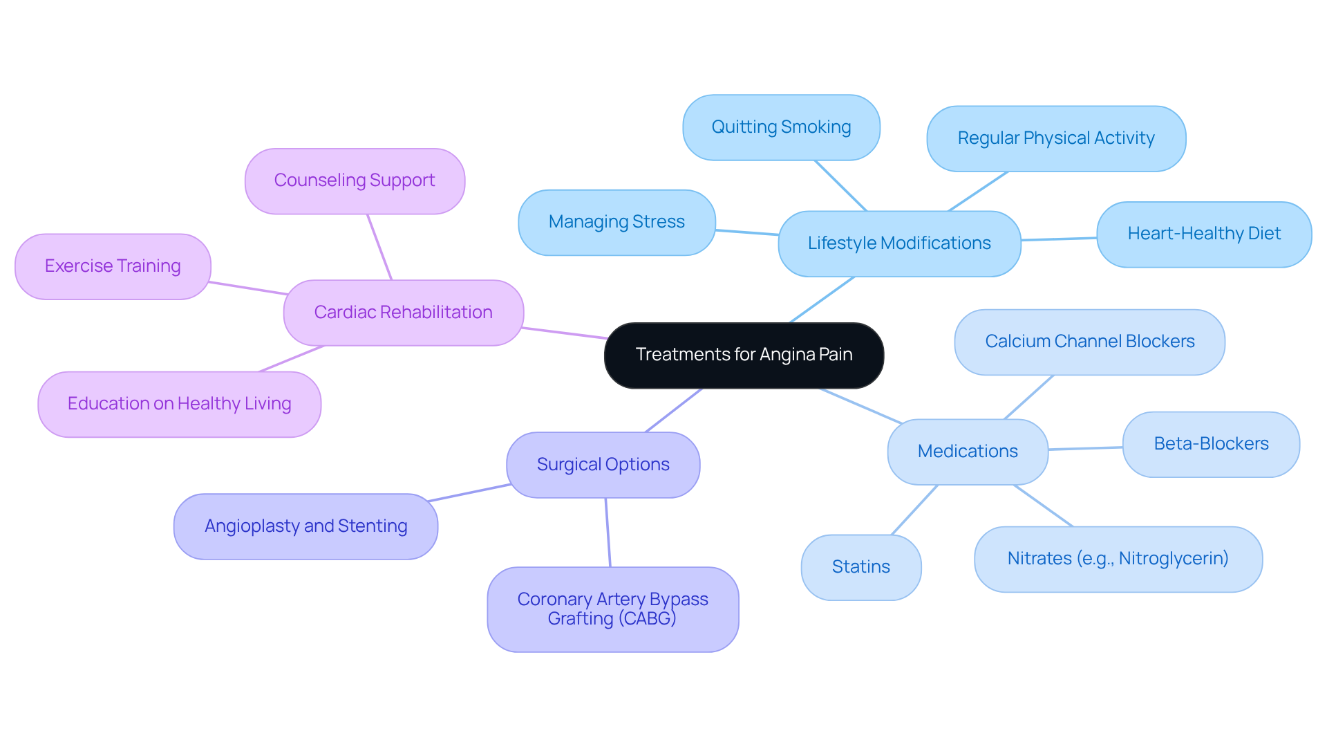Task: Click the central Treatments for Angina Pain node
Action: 744,355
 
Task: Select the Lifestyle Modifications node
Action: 898,243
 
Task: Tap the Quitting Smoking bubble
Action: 781,127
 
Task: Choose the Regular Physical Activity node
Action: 1055,138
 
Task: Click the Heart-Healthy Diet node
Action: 1203,234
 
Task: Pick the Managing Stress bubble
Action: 617,222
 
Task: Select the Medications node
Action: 967,452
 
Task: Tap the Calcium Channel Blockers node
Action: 1089,342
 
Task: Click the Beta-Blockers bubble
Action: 1211,444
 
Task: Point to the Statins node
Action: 860,567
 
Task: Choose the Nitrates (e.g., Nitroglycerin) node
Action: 1118,559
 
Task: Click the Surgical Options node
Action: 603,465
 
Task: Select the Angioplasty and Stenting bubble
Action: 305,526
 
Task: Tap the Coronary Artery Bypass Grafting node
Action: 612,609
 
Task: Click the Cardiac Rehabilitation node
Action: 403,313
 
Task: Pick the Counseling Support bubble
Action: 355,181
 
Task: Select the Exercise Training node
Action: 113,266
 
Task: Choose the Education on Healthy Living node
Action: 179,404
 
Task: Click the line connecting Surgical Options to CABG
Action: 608,533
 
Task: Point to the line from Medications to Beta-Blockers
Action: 1085,448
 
